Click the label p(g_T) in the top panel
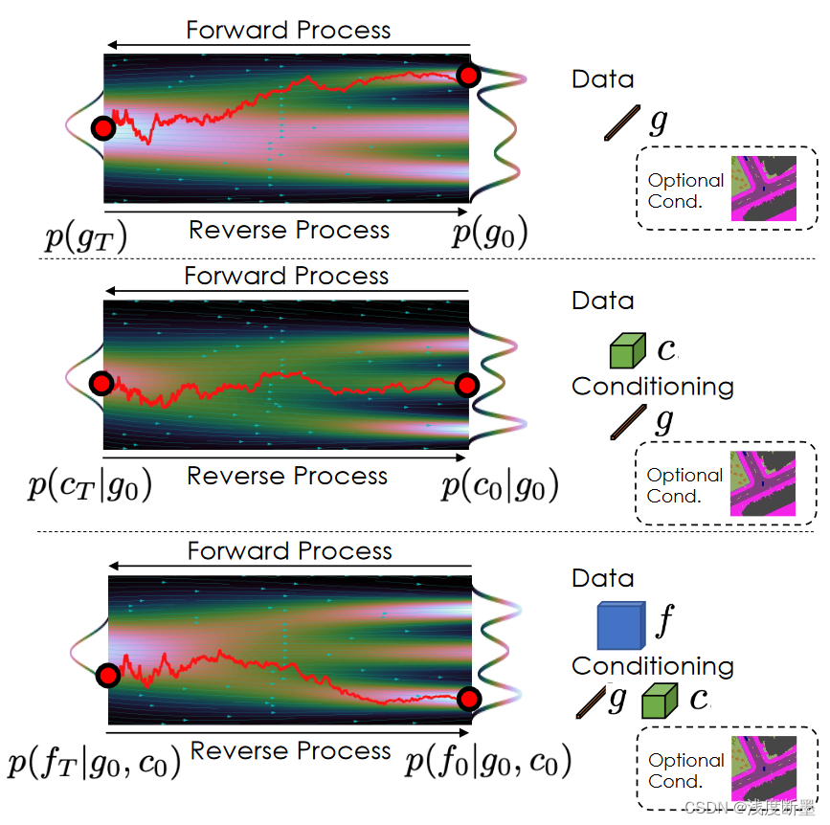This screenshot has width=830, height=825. pos(86,234)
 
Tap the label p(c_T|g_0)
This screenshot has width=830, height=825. pos(89,487)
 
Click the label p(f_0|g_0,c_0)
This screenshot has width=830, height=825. pos(488,764)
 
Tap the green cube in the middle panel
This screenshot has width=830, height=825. pos(628,350)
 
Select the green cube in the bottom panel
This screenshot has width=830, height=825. pos(660,701)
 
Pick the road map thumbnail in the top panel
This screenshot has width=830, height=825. pos(763,189)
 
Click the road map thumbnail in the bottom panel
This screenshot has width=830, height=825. pos(763,769)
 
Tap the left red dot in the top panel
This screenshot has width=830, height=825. pos(102,128)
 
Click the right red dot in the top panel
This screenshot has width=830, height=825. pos(468,76)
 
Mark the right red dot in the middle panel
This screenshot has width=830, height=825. pos(466,385)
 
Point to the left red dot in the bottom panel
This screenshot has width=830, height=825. pos(108,677)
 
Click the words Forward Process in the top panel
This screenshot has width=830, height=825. pos(288,30)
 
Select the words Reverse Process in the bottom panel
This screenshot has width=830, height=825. pos(291,751)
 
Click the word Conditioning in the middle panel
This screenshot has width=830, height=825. pos(652,387)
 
